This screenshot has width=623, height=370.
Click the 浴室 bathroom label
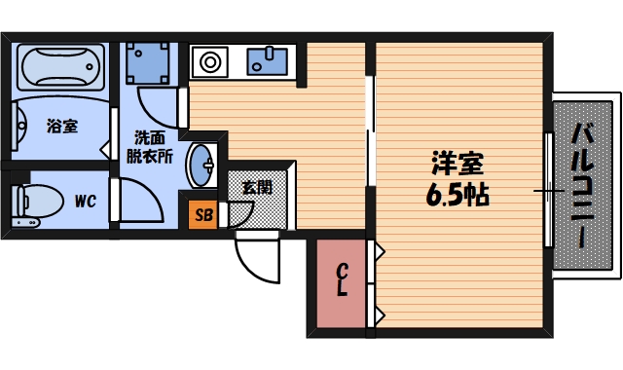coord(61,126)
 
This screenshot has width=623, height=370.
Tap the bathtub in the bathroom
coord(58,66)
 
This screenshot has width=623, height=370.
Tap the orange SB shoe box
coord(203,214)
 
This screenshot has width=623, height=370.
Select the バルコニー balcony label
coord(584,185)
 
